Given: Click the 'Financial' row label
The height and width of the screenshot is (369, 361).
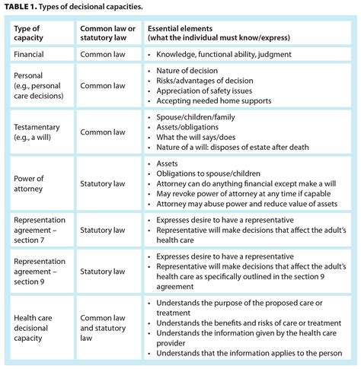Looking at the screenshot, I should point(34,55).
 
